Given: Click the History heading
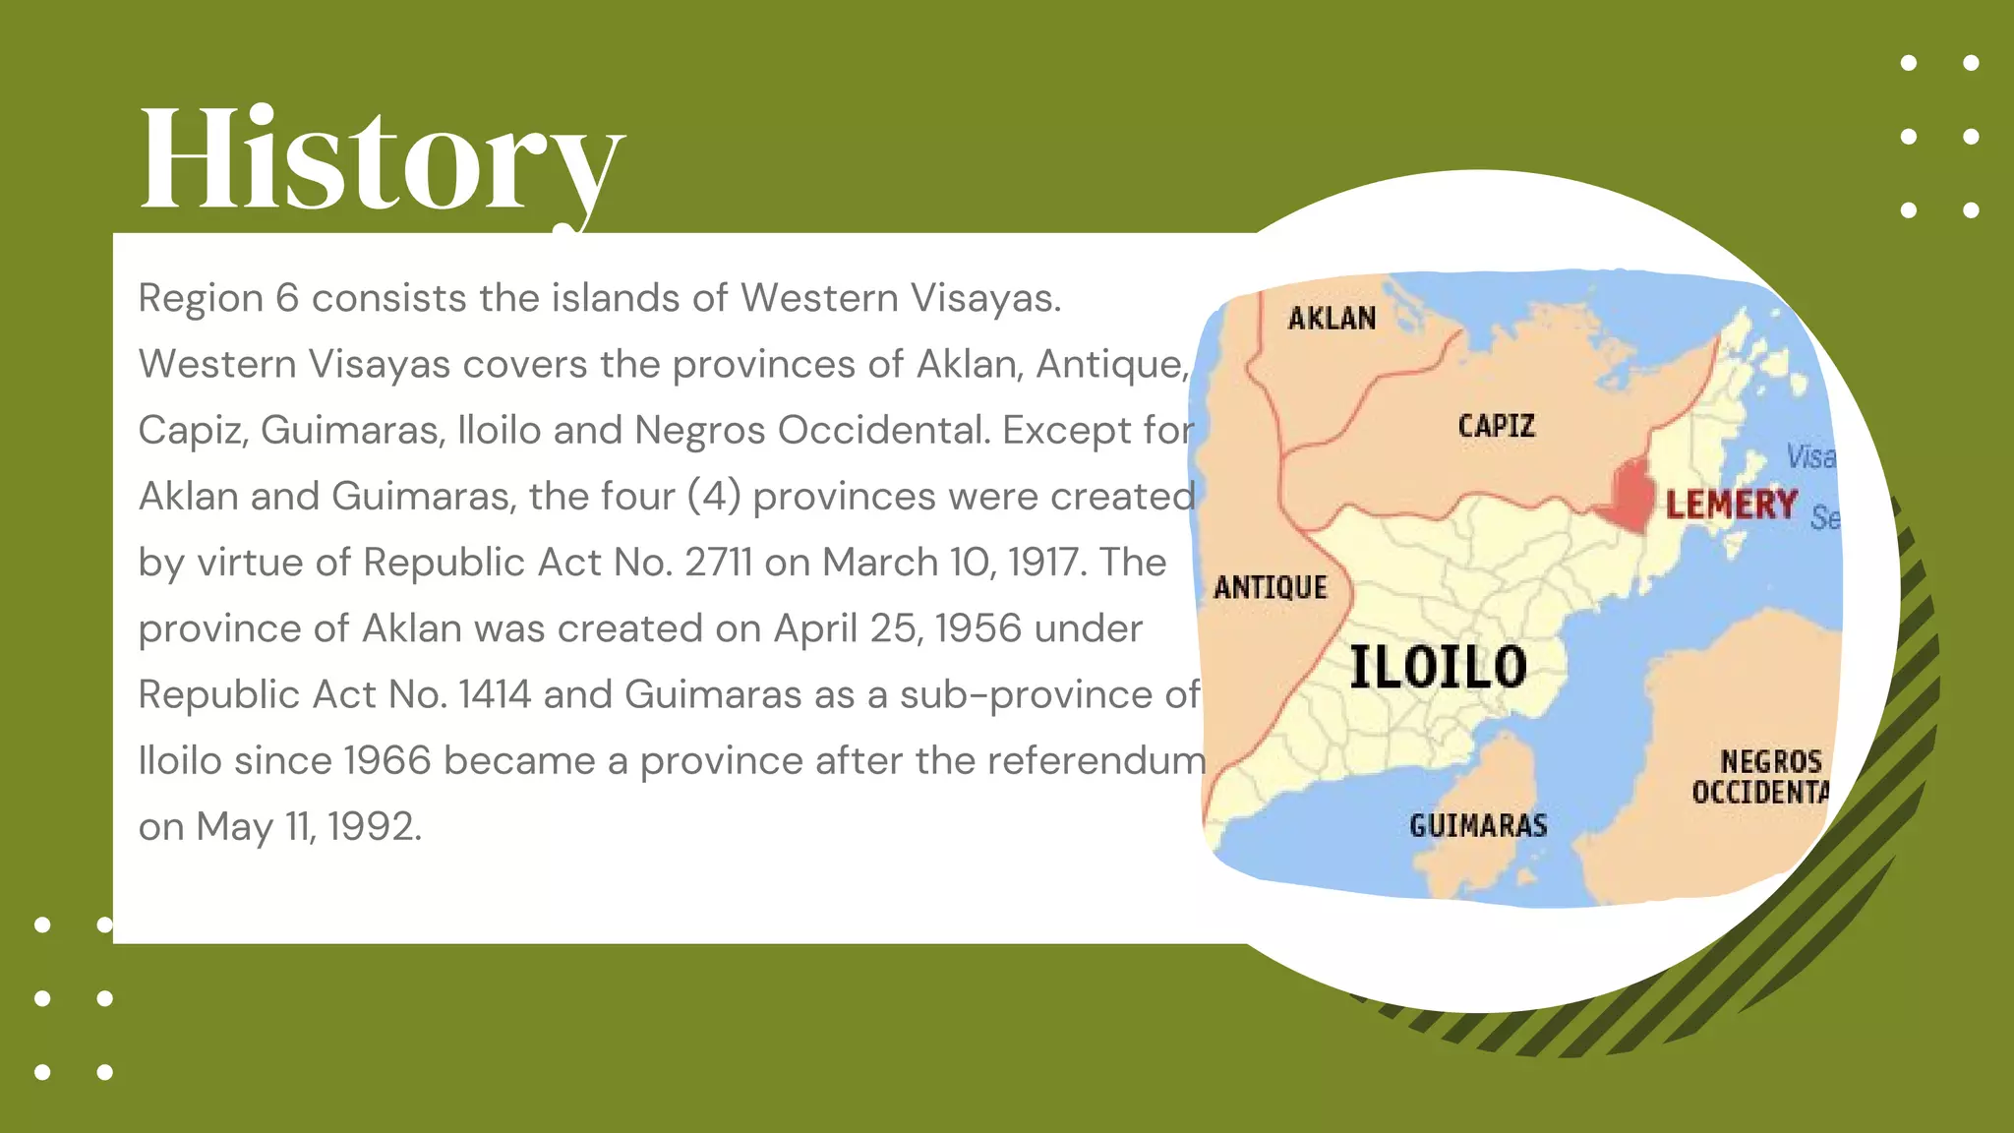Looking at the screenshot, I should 382,159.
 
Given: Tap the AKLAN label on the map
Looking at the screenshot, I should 1332,318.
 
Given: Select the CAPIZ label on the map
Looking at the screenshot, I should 1496,426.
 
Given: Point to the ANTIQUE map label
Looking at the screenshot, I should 1270,587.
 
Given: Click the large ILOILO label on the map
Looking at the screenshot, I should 1438,666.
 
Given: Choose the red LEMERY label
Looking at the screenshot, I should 1731,505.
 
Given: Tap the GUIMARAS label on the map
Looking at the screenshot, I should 1478,825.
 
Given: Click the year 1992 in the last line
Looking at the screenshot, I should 374,826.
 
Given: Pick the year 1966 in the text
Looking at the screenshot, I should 387,760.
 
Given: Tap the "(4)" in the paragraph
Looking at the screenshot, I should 714,497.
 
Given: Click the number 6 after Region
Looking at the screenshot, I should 287,298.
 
